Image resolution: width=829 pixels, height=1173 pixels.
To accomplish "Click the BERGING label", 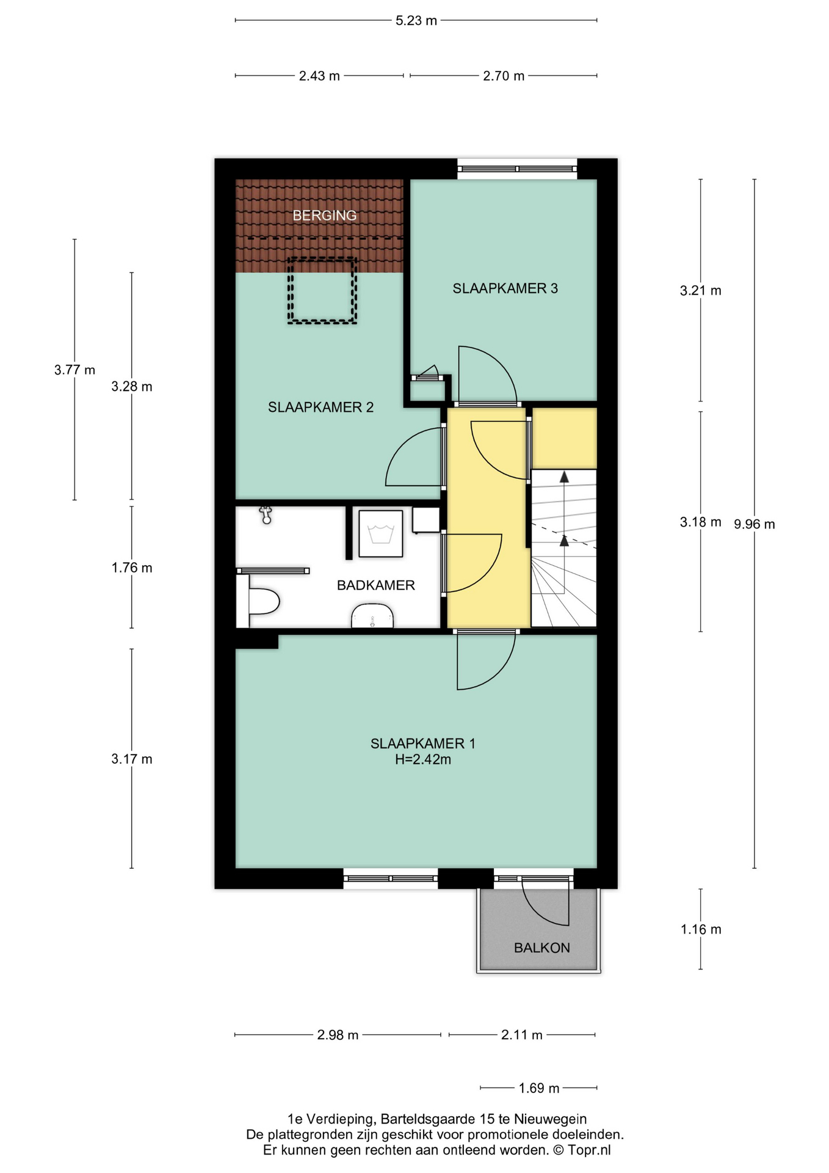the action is click(324, 216).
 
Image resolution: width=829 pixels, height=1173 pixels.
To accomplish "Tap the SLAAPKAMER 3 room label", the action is click(505, 288).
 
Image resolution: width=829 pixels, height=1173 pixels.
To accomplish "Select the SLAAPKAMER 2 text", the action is click(320, 407).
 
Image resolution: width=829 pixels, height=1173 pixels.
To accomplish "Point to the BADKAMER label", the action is click(376, 585).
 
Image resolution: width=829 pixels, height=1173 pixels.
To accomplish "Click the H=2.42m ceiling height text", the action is click(423, 760).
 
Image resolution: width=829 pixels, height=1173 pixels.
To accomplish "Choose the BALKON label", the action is click(542, 948).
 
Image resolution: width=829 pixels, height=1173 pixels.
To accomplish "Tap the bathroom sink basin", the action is click(372, 616).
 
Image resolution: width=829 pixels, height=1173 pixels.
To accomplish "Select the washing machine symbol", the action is click(381, 533).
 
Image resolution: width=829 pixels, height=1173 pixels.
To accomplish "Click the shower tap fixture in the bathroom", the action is click(266, 515).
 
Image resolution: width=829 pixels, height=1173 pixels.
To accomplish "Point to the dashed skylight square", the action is click(322, 290).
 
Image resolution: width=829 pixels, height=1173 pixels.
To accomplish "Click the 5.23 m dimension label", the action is click(416, 21).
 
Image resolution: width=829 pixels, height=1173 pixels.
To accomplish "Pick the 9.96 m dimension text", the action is click(755, 524).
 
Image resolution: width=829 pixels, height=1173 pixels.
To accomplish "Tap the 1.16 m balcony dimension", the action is click(701, 929).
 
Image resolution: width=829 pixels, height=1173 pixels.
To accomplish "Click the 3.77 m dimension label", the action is click(74, 370).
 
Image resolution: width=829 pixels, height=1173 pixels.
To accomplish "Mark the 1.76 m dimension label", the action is click(132, 568).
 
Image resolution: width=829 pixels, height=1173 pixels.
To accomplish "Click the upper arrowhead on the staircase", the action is click(564, 477).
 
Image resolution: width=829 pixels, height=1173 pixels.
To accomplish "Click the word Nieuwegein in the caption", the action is click(551, 1119).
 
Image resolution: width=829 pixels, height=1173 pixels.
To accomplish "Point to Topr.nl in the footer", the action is click(590, 1150).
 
